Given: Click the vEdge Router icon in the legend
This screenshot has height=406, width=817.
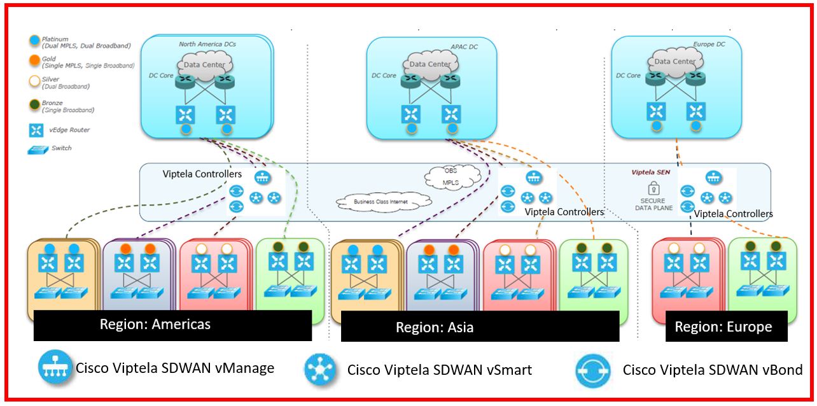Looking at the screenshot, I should [x=36, y=130].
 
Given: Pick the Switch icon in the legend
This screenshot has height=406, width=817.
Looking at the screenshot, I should [x=36, y=149].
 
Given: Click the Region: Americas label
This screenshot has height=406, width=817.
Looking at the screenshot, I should [x=155, y=325].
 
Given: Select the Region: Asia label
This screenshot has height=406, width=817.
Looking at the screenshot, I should [x=435, y=328].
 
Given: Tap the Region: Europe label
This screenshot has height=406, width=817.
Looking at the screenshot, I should [x=723, y=327].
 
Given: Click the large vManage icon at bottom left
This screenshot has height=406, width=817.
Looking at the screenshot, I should [x=54, y=367].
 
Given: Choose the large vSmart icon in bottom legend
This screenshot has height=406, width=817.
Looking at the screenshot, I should [x=321, y=370].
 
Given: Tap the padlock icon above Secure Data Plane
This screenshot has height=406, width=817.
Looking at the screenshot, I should [x=653, y=189].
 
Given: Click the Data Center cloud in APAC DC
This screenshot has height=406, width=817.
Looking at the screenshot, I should [x=430, y=64].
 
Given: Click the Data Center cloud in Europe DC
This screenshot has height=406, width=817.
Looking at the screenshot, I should [x=674, y=62].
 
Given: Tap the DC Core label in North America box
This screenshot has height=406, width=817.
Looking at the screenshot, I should [x=162, y=76].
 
